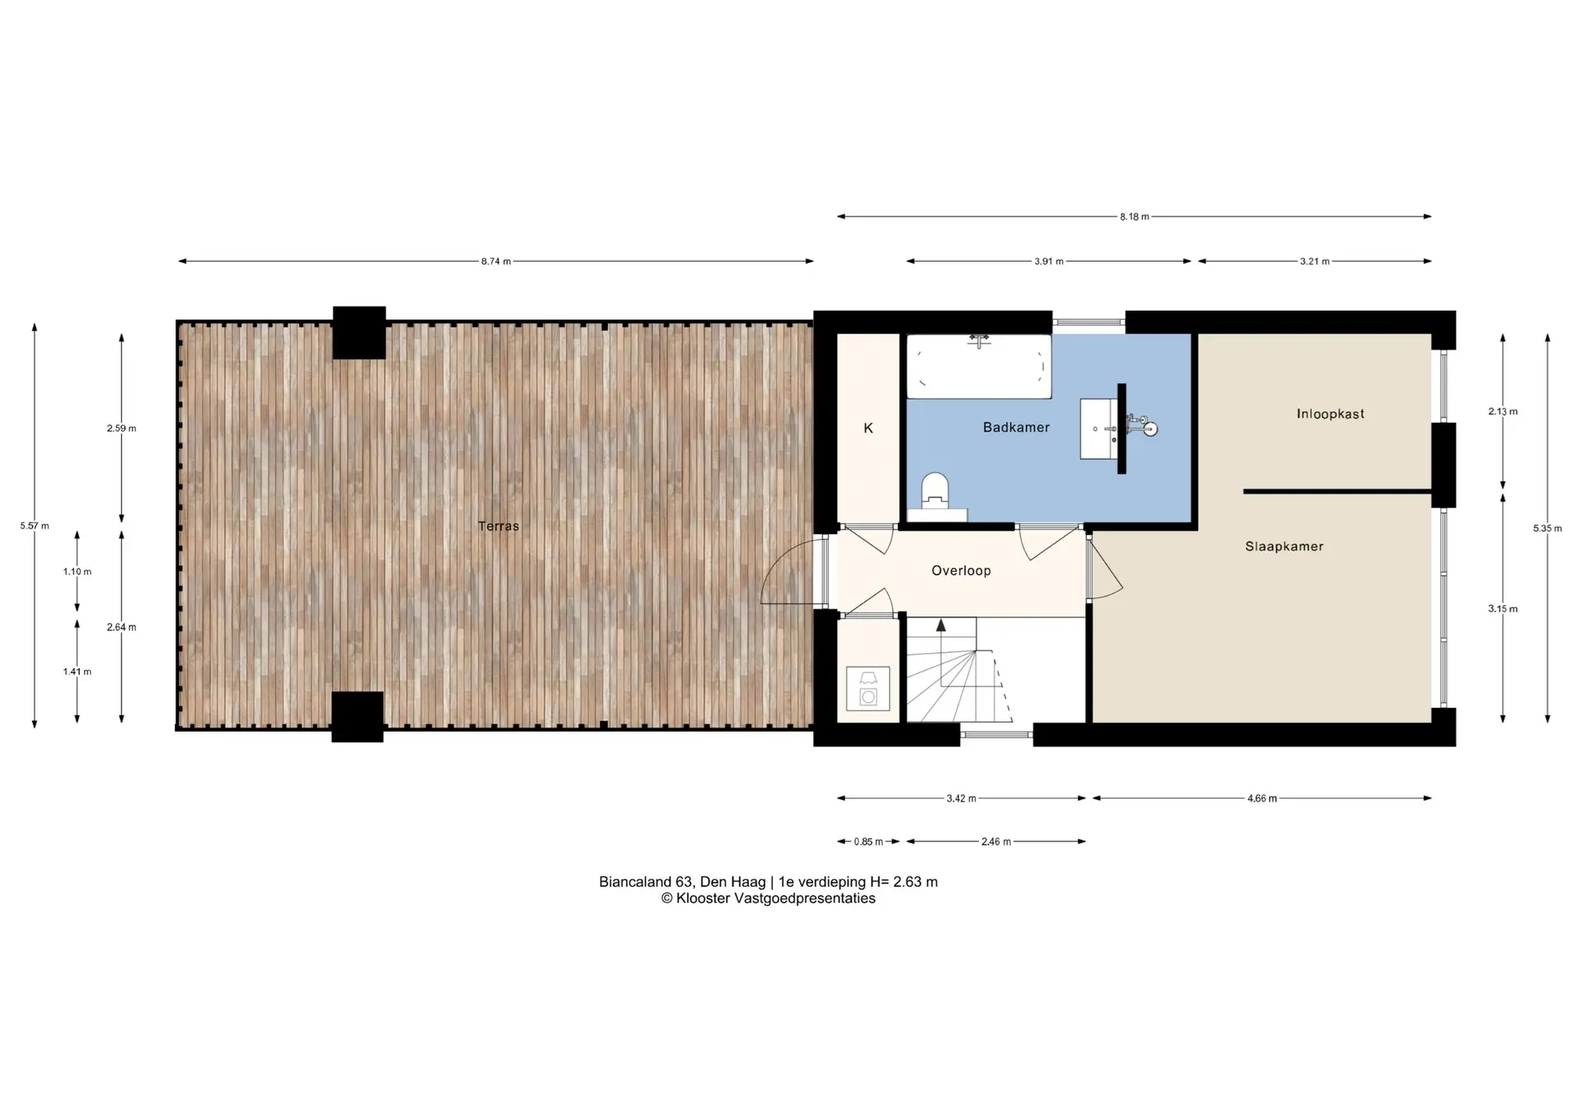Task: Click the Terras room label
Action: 498,526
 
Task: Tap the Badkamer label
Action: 1016,427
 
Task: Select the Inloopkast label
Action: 1330,414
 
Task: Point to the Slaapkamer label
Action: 1284,545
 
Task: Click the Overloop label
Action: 961,570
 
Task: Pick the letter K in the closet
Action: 868,428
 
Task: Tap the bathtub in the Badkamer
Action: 979,366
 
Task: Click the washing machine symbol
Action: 868,688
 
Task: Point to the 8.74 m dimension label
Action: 496,261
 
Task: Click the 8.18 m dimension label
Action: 1134,217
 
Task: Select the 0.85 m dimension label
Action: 868,841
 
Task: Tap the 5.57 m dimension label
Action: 35,526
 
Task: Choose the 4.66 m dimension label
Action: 1261,798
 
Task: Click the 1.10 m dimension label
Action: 77,571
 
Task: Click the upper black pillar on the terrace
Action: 359,333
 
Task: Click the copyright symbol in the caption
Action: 667,898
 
